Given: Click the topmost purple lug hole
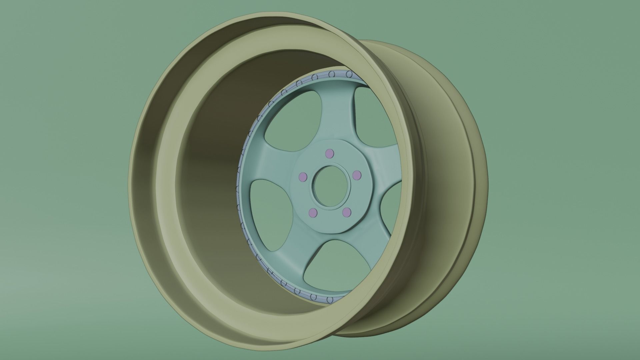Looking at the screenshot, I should pos(329,154).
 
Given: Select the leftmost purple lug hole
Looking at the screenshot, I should pos(303,176).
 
